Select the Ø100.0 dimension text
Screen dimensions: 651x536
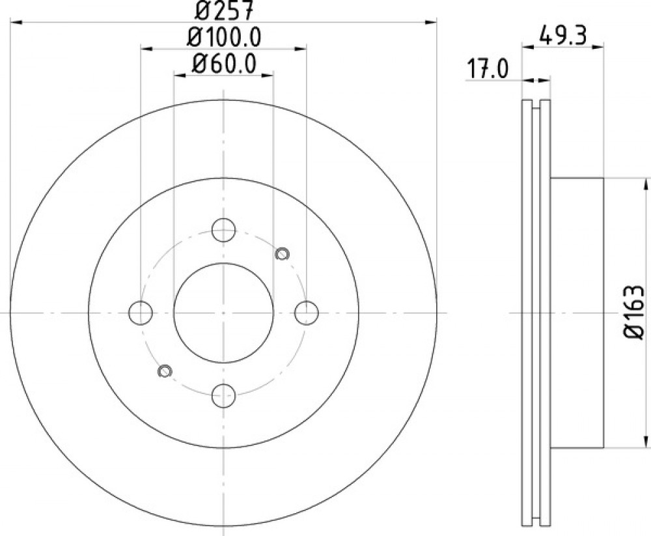(x=224, y=38)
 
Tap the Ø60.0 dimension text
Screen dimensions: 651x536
(x=223, y=64)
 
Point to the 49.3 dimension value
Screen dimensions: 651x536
(x=562, y=35)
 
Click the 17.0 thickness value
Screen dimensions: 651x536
(x=488, y=70)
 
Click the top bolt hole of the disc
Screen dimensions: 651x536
(x=223, y=230)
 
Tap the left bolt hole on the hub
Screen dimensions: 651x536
(x=141, y=313)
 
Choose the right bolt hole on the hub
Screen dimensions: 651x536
(x=307, y=313)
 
